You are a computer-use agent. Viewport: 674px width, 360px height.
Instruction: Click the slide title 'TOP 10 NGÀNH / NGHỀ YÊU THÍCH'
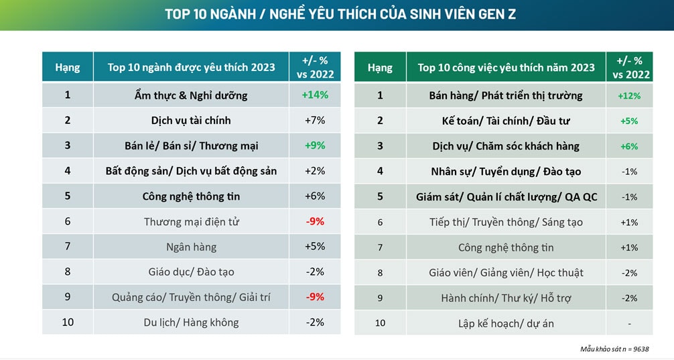(340, 14)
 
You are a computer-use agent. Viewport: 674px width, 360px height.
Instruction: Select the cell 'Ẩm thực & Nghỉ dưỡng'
(191, 95)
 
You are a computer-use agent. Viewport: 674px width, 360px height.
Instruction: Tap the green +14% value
(315, 95)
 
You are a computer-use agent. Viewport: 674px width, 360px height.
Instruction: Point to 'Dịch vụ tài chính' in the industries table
(191, 121)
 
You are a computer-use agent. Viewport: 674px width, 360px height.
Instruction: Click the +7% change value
(315, 121)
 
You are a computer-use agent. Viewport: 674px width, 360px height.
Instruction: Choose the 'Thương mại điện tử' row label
(191, 221)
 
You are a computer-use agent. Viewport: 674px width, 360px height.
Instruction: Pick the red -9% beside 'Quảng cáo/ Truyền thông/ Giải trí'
(315, 297)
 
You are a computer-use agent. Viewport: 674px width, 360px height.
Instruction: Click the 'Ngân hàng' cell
(191, 247)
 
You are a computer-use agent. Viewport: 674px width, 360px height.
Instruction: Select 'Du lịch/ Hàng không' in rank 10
(191, 322)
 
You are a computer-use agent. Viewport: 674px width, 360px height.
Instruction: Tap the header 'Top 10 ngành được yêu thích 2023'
(191, 67)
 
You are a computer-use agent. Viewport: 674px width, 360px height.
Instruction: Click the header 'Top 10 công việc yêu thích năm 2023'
(506, 68)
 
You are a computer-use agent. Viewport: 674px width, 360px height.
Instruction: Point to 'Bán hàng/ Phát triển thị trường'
(506, 96)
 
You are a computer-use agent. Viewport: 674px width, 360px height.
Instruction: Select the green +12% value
(628, 96)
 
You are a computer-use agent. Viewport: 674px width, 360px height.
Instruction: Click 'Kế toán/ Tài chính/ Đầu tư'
(506, 121)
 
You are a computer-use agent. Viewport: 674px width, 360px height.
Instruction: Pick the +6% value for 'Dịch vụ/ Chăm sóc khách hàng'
(628, 146)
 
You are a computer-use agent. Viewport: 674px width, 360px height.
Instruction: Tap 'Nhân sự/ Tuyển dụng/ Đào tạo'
(506, 172)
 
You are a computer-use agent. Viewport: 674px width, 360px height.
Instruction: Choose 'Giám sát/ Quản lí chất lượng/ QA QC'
(506, 197)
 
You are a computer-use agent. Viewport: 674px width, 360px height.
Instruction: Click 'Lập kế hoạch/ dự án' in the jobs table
(506, 323)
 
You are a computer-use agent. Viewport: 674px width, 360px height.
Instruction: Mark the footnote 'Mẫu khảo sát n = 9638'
(614, 349)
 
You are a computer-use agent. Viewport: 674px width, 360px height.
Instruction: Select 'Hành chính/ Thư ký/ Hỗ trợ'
(506, 298)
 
